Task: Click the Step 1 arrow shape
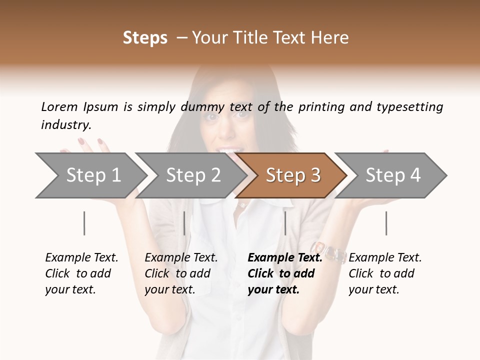(x=90, y=175)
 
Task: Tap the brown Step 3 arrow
(x=292, y=175)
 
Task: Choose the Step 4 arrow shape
(x=392, y=175)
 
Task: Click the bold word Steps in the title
(x=145, y=38)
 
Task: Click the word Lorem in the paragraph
(x=59, y=106)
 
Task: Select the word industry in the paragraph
(x=65, y=125)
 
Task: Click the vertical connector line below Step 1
(x=84, y=223)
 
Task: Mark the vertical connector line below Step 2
(x=184, y=223)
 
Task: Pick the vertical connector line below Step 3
(x=285, y=223)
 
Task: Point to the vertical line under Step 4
(x=386, y=223)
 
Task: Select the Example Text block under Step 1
(x=81, y=273)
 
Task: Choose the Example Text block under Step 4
(x=385, y=273)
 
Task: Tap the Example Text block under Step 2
(x=181, y=273)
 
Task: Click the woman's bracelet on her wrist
(x=329, y=251)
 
